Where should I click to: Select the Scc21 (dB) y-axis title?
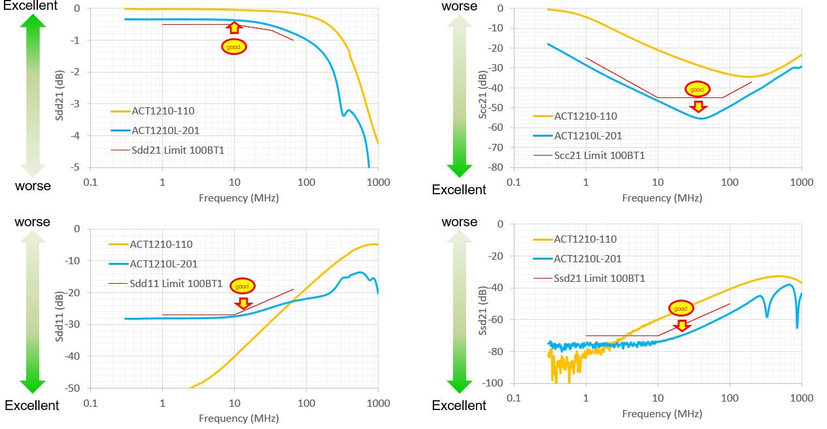coord(482,88)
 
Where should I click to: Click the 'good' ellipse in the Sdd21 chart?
coord(234,46)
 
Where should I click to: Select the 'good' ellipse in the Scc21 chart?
coord(697,89)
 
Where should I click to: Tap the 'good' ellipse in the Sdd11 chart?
coord(243,286)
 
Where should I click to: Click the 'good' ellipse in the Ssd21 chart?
coord(681,307)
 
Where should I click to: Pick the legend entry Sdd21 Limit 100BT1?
coord(170,150)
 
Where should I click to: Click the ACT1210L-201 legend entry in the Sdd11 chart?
coord(163,264)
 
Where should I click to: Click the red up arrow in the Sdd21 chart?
coord(234,27)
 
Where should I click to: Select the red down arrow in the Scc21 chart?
coord(698,106)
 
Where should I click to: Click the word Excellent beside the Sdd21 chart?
coord(29,6)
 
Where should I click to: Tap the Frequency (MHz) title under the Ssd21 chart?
coord(662,413)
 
